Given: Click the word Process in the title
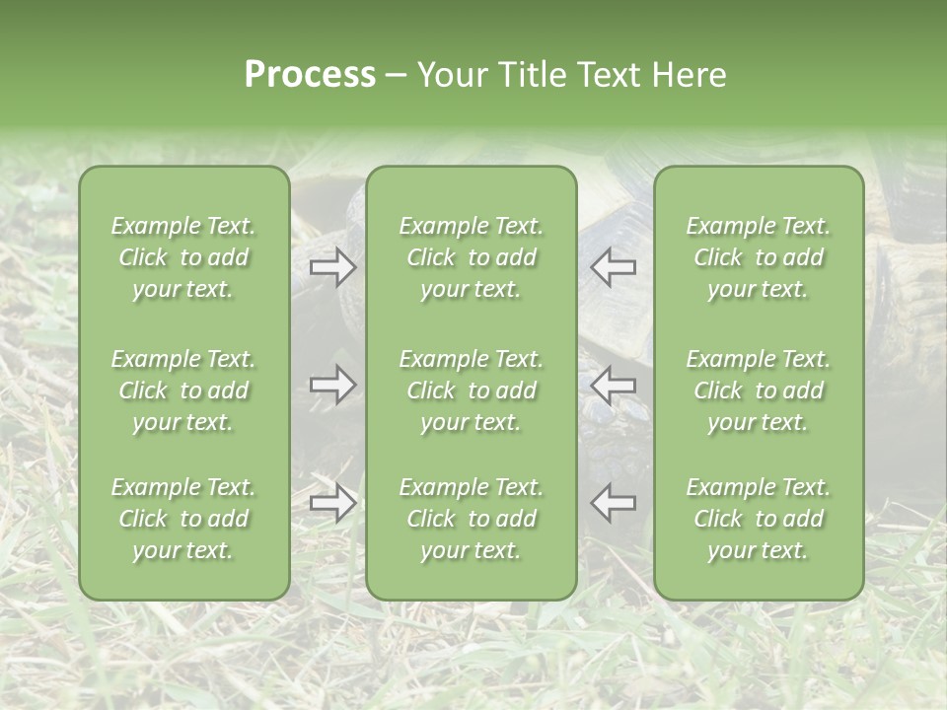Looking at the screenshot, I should [310, 75].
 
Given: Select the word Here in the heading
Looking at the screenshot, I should [687, 75].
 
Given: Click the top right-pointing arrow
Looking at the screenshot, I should [333, 266].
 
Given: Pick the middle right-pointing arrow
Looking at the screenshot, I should [333, 384].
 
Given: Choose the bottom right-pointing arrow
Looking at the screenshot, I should [333, 503].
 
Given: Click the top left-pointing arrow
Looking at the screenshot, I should [613, 266].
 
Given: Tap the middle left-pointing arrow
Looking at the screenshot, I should [613, 384].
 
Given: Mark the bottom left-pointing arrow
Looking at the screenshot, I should [613, 503].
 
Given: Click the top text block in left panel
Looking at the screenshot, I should [183, 257].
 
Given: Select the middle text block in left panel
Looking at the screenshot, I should [183, 390].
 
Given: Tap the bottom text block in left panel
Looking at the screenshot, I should [183, 519].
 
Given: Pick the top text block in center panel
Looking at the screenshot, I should [472, 257].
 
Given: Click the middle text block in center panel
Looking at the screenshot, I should [472, 390].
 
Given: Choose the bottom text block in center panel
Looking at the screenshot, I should [472, 519].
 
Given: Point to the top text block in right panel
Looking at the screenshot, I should [759, 257].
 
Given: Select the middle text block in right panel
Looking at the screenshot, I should [759, 390].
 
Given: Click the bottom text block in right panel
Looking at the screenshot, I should [759, 519].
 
